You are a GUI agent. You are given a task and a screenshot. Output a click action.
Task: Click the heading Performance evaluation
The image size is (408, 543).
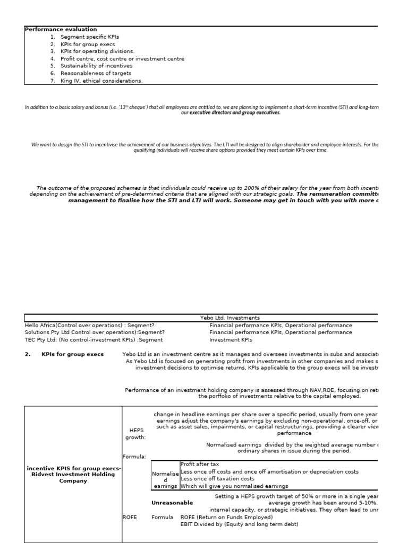(61, 30)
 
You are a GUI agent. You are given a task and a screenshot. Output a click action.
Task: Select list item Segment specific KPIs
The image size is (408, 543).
(90, 37)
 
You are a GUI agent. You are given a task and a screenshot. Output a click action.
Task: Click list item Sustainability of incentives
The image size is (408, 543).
(96, 66)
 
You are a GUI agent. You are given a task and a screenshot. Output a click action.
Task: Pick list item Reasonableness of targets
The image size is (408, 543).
(96, 73)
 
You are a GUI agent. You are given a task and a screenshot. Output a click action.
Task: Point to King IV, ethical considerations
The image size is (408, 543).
(101, 81)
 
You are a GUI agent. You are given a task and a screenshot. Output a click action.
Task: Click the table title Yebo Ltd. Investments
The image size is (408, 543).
(226, 318)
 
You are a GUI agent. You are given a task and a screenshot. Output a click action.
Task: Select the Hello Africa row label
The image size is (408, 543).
(90, 325)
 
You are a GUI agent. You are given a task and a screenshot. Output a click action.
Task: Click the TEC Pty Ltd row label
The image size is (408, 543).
(93, 340)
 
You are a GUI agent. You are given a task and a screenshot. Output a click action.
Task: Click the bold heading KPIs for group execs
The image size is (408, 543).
(72, 354)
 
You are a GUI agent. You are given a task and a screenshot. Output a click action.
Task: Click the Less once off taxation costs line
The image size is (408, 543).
(218, 479)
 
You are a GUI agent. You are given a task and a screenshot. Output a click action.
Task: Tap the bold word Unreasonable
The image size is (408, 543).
(172, 502)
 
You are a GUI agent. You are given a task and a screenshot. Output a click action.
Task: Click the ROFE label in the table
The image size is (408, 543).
(130, 517)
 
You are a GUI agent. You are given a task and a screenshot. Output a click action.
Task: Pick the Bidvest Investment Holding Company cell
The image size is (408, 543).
(73, 475)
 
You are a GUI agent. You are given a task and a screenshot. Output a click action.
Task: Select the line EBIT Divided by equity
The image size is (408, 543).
(239, 524)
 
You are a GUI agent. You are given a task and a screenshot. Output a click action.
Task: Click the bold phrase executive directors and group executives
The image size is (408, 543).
(235, 113)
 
